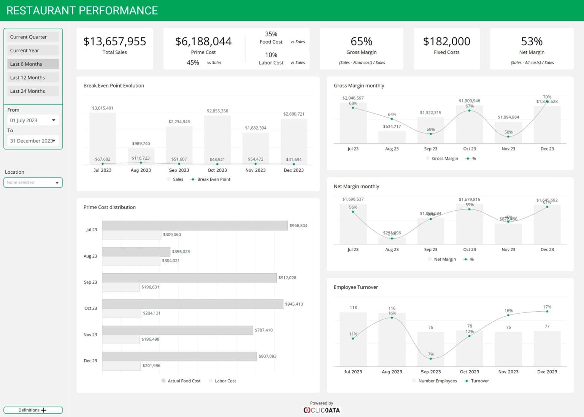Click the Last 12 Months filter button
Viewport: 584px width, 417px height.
click(33, 78)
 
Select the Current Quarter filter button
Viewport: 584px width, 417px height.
click(33, 37)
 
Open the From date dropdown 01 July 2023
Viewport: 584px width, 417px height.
click(33, 120)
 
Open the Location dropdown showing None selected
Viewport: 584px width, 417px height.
click(33, 182)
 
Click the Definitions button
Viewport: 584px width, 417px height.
click(33, 410)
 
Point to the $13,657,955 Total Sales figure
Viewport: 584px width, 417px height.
click(114, 41)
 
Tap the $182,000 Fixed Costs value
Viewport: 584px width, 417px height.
click(446, 41)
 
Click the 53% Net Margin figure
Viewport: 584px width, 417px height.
click(532, 41)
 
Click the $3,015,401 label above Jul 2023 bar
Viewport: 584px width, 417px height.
click(103, 108)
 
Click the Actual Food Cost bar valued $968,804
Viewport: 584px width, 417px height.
click(195, 226)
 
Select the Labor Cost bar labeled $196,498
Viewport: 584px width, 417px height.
click(121, 339)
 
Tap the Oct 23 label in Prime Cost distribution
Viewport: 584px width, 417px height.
click(90, 308)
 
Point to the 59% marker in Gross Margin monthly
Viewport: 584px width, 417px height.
click(430, 134)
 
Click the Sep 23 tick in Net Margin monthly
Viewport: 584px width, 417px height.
click(430, 250)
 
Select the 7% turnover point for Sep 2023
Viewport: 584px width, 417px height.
click(430, 358)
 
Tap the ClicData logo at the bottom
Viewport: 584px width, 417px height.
click(322, 410)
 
